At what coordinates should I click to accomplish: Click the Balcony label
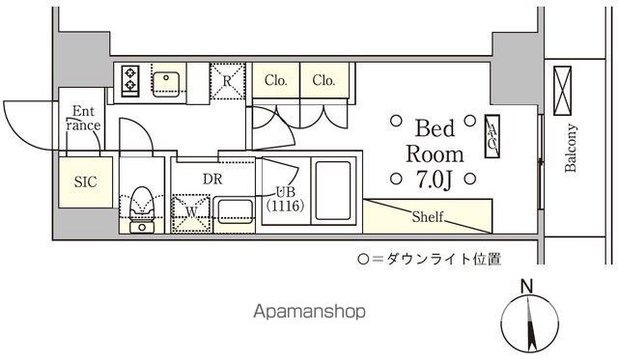coord(571,149)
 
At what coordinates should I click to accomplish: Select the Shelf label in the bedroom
coord(428,217)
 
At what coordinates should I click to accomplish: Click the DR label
coord(213,179)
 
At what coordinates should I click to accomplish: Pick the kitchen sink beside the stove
coord(167,81)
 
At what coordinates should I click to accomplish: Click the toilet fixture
coord(142,207)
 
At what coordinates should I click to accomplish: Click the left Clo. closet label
coord(276,81)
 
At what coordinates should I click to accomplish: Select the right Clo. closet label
coord(323,81)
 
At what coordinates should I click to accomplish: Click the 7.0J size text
coord(435,178)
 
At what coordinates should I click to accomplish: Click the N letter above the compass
coord(526,286)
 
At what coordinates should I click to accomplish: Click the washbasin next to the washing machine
coord(232,208)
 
